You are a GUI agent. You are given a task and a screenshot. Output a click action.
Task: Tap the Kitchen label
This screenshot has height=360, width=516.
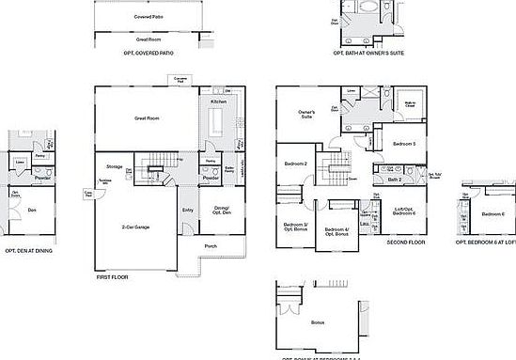click(x=217, y=101)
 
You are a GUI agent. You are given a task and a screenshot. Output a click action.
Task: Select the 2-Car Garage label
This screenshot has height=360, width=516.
click(x=137, y=227)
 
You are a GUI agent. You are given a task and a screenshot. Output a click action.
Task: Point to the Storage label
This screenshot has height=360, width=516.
click(x=101, y=166)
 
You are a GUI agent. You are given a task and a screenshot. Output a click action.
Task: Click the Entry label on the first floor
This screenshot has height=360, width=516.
click(x=188, y=210)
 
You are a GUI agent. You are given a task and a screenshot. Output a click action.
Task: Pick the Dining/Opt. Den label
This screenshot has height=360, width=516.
click(x=223, y=210)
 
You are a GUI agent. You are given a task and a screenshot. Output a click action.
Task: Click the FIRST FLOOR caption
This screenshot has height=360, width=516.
click(x=112, y=277)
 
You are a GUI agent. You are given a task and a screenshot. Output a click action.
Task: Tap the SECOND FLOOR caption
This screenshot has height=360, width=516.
click(x=406, y=243)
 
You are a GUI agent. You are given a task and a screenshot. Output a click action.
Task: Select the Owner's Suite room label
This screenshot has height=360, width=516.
click(x=307, y=115)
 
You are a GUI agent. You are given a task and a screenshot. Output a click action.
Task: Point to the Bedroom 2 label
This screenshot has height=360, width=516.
click(x=296, y=164)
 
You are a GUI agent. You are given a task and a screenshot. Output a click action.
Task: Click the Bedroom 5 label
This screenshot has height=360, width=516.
click(x=404, y=143)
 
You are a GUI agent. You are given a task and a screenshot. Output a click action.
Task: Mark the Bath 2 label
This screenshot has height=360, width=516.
click(x=395, y=178)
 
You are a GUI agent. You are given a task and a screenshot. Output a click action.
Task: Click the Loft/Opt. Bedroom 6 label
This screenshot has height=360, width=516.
click(x=404, y=212)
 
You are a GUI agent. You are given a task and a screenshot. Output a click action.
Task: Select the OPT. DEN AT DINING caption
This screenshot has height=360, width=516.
click(x=27, y=251)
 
